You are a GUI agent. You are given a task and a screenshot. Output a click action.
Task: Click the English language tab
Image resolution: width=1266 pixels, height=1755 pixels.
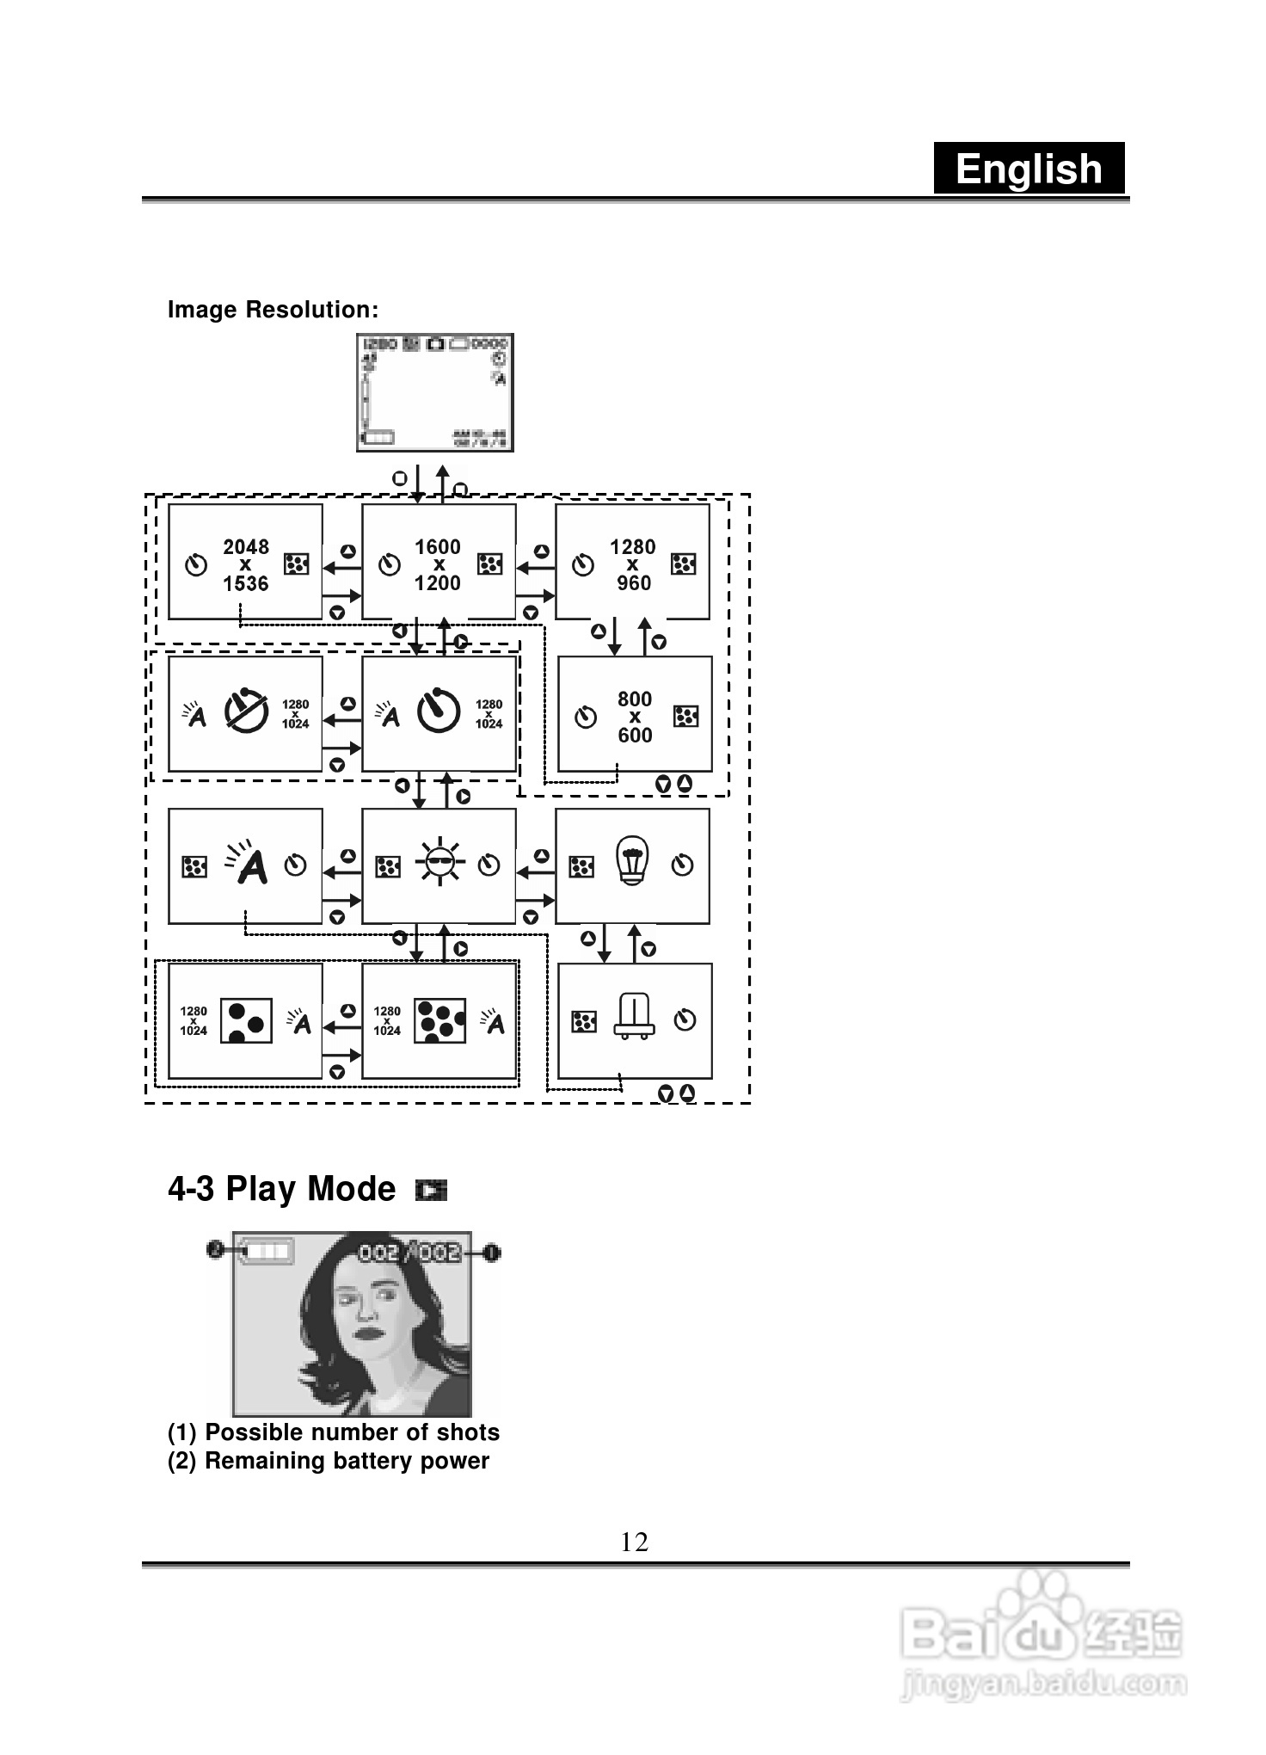(1029, 169)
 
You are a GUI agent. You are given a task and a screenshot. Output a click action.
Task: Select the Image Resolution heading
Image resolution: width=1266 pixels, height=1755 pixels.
(273, 310)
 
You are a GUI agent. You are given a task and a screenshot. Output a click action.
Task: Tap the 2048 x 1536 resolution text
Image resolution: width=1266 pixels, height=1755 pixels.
(246, 565)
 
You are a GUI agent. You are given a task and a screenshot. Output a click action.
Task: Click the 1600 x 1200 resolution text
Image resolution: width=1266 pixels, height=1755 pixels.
(438, 565)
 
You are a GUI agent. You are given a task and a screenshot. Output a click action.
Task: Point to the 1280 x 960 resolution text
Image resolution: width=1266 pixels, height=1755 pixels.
(633, 565)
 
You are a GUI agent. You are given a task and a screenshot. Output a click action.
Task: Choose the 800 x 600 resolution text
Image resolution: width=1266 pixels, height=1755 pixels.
(635, 717)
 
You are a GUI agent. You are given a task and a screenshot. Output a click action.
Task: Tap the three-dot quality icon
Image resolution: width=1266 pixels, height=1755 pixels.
(247, 1020)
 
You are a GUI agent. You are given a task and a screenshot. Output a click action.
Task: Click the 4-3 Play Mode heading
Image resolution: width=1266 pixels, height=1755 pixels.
(281, 1189)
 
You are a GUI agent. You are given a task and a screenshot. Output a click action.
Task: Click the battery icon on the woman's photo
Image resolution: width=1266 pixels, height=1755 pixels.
(266, 1251)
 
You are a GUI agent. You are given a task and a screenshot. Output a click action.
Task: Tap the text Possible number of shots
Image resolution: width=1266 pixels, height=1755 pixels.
(352, 1432)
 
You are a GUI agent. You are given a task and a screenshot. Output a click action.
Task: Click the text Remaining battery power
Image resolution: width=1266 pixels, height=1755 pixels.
(347, 1461)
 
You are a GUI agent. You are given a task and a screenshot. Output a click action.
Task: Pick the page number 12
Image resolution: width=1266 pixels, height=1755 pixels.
(634, 1542)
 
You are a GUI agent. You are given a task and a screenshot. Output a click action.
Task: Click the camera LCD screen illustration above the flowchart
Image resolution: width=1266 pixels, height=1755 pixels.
(435, 392)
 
